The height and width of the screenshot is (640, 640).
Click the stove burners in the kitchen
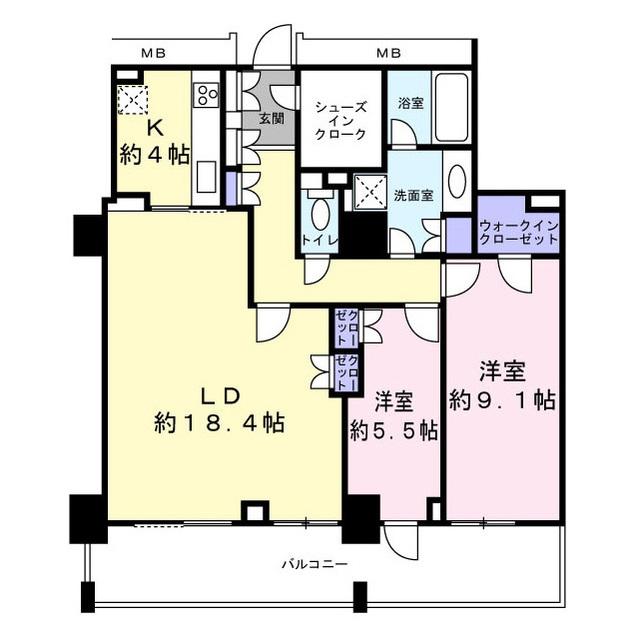click(208, 95)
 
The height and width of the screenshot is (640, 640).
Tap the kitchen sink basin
click(207, 177)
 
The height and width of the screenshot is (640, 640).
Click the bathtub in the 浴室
click(451, 107)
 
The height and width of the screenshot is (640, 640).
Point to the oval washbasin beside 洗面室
click(457, 182)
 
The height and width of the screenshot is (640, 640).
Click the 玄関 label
click(272, 120)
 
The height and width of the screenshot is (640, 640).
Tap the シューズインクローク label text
click(341, 121)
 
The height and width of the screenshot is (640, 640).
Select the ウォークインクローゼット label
click(519, 232)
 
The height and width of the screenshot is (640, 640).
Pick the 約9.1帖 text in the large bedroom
click(502, 401)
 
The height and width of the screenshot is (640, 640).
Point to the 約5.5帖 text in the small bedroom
click(393, 431)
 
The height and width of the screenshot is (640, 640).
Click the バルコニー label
click(315, 565)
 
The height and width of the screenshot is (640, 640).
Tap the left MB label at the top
click(153, 53)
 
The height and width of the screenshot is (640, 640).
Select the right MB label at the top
click(389, 53)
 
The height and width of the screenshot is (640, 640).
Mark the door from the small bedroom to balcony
click(401, 542)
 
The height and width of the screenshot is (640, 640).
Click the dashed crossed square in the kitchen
click(133, 100)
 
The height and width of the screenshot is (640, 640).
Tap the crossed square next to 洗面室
click(370, 193)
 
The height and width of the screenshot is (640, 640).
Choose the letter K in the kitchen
click(156, 129)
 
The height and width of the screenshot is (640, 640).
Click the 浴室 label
click(411, 103)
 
